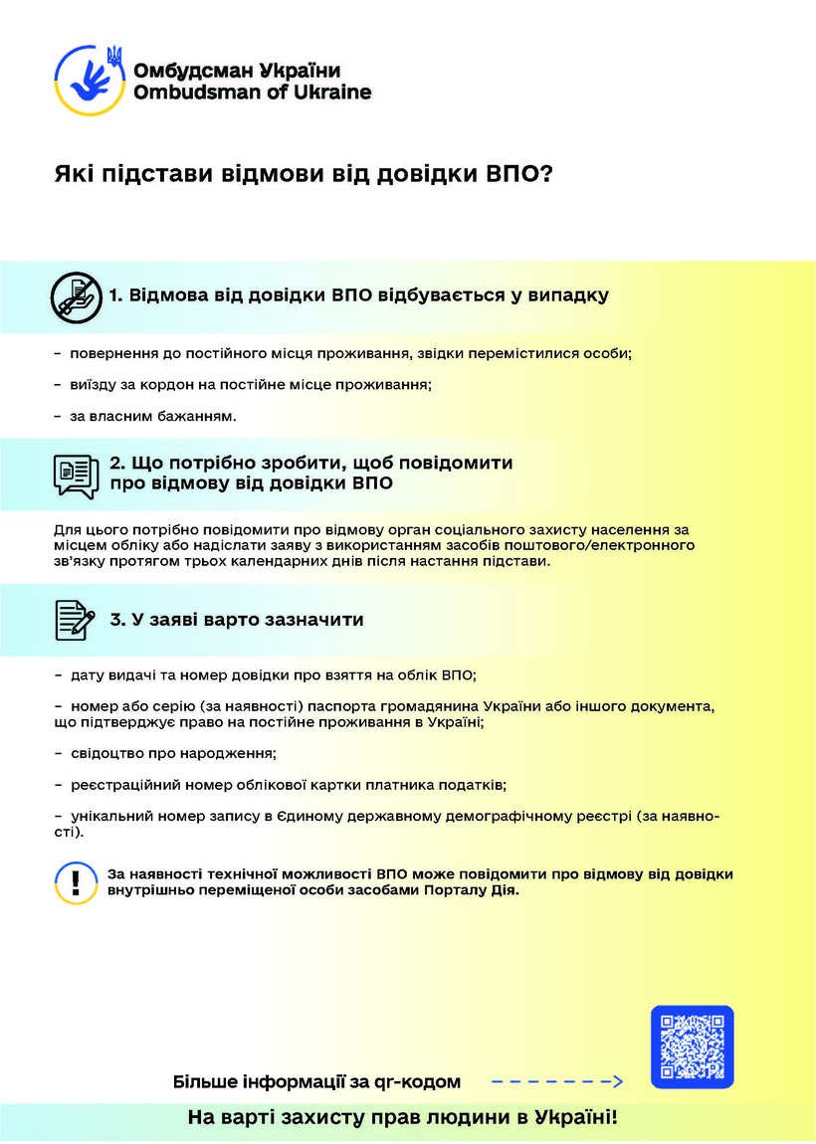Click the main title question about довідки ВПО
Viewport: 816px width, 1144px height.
(x=303, y=175)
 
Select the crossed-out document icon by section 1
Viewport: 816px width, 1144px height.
(x=76, y=295)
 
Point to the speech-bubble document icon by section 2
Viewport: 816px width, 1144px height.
(x=76, y=475)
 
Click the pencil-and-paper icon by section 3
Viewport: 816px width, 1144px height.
(x=76, y=620)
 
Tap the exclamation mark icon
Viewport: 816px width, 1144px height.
(x=76, y=881)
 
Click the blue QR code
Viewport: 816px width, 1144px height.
(x=692, y=1046)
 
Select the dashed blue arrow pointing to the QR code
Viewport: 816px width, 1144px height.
(x=557, y=1081)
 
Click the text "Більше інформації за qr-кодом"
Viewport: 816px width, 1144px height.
(x=317, y=1081)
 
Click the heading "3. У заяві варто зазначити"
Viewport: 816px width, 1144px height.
(x=236, y=620)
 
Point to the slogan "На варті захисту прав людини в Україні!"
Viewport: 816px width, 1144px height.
(x=403, y=1118)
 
